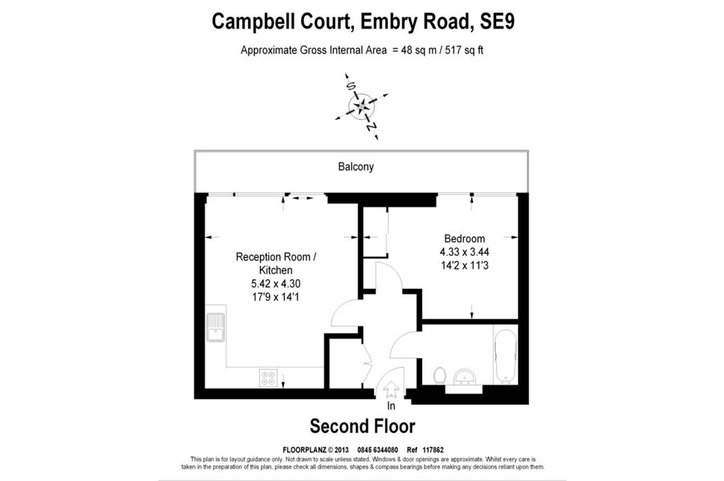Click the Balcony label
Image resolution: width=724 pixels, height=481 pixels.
click(x=356, y=167)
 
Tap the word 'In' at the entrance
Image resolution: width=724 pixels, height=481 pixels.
click(x=391, y=406)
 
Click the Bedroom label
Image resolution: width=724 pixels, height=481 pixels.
click(x=464, y=238)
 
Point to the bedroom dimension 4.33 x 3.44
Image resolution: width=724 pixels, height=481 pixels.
click(x=464, y=252)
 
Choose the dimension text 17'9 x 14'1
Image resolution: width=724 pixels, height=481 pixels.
click(x=275, y=297)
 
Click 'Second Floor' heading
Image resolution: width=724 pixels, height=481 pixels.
click(x=362, y=426)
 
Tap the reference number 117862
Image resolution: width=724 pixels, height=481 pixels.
click(x=433, y=450)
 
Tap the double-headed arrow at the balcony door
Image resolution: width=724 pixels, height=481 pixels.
click(x=302, y=198)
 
